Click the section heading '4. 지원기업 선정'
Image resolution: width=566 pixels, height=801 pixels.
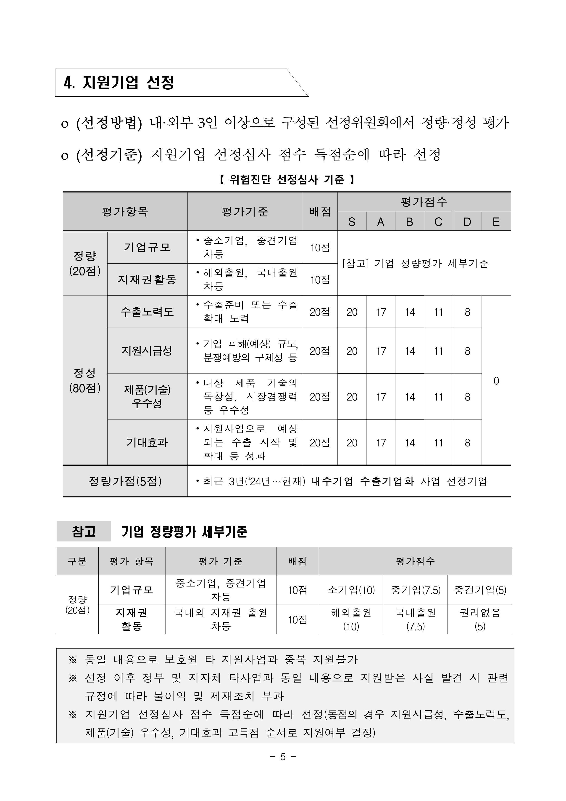click(119, 83)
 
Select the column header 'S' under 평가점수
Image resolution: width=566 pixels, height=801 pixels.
click(352, 222)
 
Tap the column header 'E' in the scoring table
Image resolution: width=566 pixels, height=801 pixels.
click(496, 222)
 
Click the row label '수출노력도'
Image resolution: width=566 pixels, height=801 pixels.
click(147, 312)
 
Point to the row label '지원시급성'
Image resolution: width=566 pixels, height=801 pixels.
click(147, 351)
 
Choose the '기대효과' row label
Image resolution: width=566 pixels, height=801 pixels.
click(147, 442)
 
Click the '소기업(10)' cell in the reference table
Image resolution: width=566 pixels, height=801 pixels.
click(351, 590)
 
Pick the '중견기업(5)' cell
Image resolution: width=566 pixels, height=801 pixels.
click(480, 590)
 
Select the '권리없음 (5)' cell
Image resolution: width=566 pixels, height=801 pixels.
click(480, 619)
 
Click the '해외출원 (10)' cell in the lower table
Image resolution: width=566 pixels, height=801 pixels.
click(351, 619)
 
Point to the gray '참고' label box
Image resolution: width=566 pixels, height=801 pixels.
click(84, 531)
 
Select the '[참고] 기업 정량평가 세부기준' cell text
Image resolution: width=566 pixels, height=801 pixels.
click(416, 263)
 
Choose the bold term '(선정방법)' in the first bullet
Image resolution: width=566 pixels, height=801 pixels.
click(109, 123)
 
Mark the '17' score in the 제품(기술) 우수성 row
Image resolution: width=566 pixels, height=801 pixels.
click(381, 397)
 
